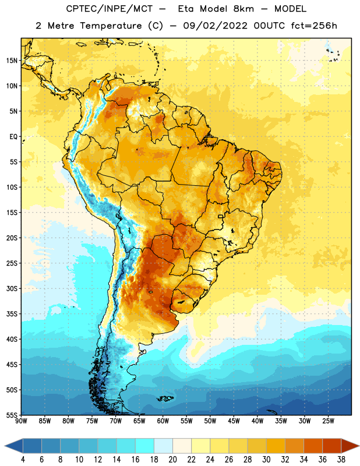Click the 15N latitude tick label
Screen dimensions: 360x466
point(12,61)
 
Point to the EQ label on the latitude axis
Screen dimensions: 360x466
point(13,137)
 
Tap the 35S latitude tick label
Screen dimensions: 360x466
point(12,314)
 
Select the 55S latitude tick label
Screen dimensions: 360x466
point(12,415)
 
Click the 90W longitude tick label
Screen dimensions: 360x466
point(21,421)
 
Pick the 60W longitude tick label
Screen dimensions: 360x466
point(163,421)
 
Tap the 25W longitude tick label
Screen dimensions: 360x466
point(328,421)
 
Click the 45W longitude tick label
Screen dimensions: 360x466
point(234,421)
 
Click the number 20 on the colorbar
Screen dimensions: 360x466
point(172,460)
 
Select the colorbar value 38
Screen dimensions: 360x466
point(341,460)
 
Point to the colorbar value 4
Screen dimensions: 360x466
point(23,460)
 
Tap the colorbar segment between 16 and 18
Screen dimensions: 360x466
point(145,446)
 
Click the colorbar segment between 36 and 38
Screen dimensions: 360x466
point(332,446)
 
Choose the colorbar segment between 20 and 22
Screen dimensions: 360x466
point(182,446)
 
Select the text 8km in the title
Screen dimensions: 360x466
point(243,9)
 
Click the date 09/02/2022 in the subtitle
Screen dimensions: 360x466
point(215,26)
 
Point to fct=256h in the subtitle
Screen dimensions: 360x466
point(314,26)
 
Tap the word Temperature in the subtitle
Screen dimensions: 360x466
point(111,26)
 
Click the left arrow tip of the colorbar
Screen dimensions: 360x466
point(5,446)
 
